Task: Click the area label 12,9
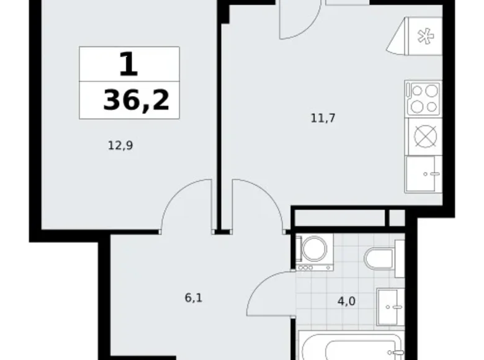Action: (x=121, y=146)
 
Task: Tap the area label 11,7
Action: (x=323, y=117)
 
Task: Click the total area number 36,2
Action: (x=136, y=100)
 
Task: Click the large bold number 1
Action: (x=128, y=64)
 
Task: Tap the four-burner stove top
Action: (x=423, y=98)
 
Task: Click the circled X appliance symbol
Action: (x=424, y=135)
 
